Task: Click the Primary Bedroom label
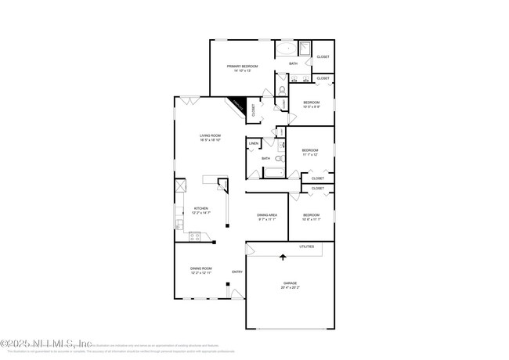(243, 67)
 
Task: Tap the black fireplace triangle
(238, 106)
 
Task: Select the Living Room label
(210, 135)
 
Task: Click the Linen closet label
(254, 144)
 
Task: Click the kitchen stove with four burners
(195, 236)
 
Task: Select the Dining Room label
(200, 268)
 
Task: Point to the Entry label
(236, 272)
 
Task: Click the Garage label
(290, 283)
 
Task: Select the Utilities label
(306, 247)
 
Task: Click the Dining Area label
(267, 214)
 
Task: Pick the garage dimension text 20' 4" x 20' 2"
(290, 288)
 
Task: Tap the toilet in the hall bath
(278, 158)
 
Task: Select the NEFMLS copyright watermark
(46, 343)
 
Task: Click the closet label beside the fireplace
(254, 110)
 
